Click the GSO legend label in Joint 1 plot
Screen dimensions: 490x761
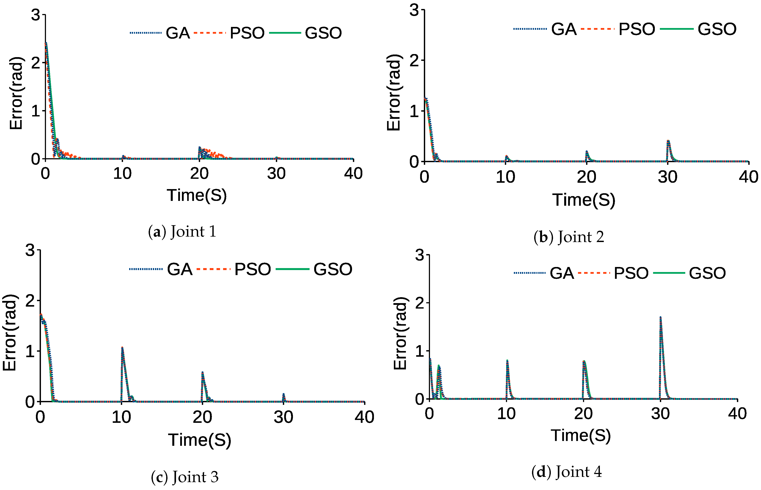pyautogui.click(x=323, y=33)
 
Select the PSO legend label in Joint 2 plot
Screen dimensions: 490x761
pyautogui.click(x=637, y=29)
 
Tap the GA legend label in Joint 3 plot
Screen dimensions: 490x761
pyautogui.click(x=180, y=269)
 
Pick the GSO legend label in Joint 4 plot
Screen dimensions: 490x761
pyautogui.click(x=707, y=273)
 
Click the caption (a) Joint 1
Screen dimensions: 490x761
pyautogui.click(x=182, y=231)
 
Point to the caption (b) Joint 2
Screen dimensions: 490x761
pyautogui.click(x=568, y=237)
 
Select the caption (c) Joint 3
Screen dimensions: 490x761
pyautogui.click(x=185, y=477)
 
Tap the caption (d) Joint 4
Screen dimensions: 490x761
pyautogui.click(x=567, y=472)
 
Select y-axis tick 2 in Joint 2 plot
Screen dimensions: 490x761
pyautogui.click(x=414, y=60)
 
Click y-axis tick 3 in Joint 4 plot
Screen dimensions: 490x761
pyautogui.click(x=420, y=255)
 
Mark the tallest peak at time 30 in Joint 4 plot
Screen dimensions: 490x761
pyautogui.click(x=661, y=318)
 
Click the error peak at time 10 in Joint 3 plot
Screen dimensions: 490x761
pyautogui.click(x=122, y=348)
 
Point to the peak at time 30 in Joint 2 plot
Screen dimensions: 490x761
pyautogui.click(x=668, y=141)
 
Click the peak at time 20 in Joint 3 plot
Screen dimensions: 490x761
pyautogui.click(x=203, y=372)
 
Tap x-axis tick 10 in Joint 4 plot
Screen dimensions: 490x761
pyautogui.click(x=506, y=414)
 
